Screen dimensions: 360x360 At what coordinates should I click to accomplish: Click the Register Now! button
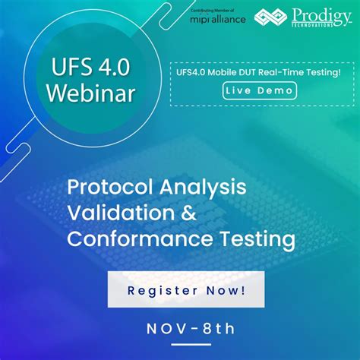pyautogui.click(x=185, y=290)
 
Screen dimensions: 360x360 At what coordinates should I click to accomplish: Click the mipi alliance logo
pyautogui.click(x=217, y=17)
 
